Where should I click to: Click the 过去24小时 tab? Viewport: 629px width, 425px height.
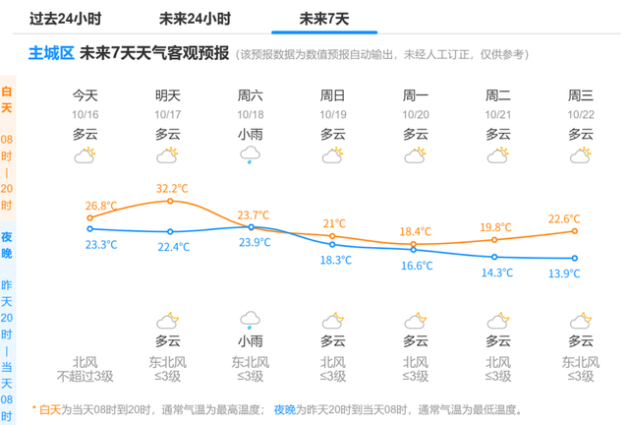point(65,19)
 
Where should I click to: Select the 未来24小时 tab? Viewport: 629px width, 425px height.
point(195,19)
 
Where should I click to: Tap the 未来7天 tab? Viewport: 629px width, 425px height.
point(324,19)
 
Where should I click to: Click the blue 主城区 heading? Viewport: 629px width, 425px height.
point(51,53)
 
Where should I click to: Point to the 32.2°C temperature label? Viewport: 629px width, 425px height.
point(172,188)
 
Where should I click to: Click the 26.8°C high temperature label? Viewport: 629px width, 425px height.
point(101,207)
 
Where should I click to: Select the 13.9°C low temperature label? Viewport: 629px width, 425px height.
point(564,273)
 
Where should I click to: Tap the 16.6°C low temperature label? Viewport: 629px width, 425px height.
point(417,266)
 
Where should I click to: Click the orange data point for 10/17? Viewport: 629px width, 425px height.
point(170,202)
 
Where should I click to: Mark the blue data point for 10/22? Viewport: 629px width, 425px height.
point(575,259)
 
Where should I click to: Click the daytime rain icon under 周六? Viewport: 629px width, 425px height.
point(251,155)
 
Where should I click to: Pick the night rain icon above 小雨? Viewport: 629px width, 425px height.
point(251,320)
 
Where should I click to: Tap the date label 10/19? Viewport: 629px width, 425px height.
point(332,114)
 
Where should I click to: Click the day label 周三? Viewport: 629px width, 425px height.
point(581,95)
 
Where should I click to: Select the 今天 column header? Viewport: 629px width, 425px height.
point(86,95)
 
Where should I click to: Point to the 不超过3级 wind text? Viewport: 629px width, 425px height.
point(86,376)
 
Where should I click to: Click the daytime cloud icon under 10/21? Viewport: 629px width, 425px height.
point(498,155)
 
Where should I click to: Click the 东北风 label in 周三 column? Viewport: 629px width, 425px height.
point(581,361)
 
